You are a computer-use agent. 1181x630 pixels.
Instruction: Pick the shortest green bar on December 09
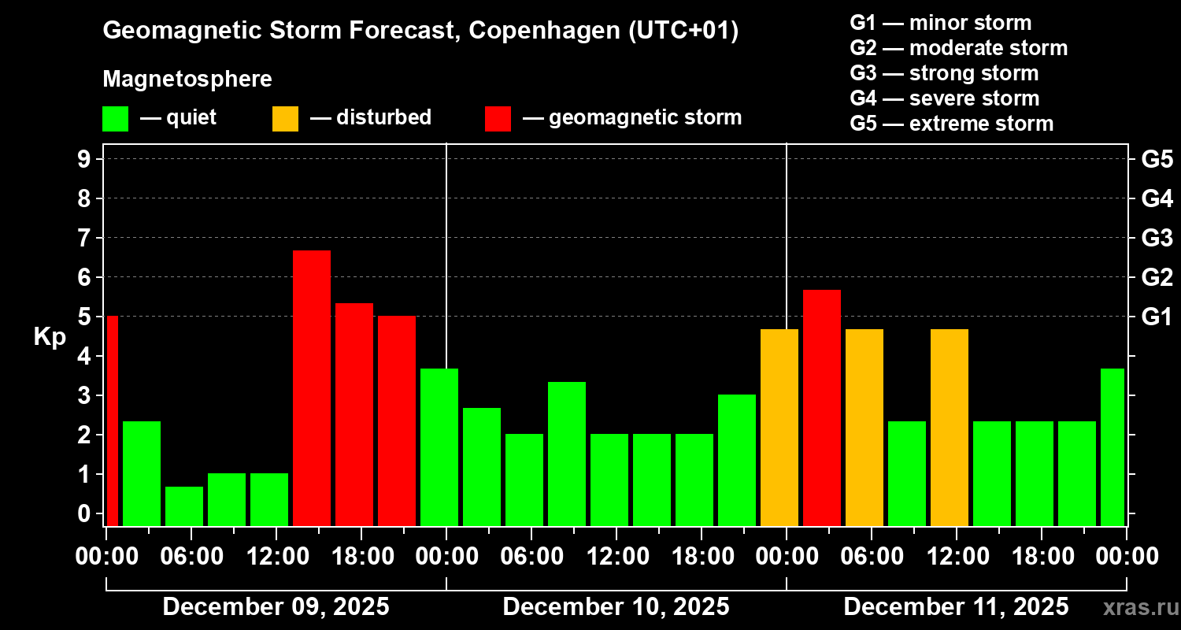tap(184, 506)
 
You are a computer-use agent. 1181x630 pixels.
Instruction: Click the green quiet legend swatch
tap(115, 119)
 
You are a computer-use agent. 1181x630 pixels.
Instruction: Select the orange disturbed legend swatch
tap(285, 119)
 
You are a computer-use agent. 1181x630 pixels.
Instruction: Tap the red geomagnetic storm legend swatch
tap(498, 119)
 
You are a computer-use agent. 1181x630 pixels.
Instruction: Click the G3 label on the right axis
tap(1157, 238)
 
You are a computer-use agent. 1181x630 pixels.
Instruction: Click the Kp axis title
tap(50, 337)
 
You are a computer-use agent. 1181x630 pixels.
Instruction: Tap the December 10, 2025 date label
tap(616, 607)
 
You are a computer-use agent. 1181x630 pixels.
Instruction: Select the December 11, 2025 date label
tap(956, 607)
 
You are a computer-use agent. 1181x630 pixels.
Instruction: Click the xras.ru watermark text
tap(1138, 608)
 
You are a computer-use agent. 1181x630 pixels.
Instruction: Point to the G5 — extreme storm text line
tap(951, 124)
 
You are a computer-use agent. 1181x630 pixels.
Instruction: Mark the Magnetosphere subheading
tap(187, 80)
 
